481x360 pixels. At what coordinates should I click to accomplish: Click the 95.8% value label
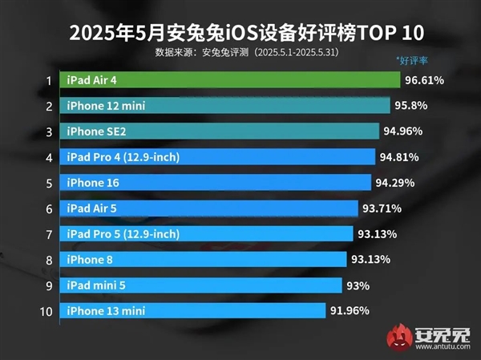point(414,106)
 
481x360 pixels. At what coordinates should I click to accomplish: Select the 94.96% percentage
point(402,131)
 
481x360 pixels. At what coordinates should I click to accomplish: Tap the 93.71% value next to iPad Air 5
point(381,208)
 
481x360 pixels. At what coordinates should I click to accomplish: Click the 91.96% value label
point(350,310)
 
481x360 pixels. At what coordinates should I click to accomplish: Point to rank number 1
point(49,80)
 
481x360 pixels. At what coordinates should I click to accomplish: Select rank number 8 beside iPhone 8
point(49,260)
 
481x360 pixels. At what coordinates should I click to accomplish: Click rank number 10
point(47,310)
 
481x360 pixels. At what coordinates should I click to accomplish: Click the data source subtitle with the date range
point(240,53)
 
